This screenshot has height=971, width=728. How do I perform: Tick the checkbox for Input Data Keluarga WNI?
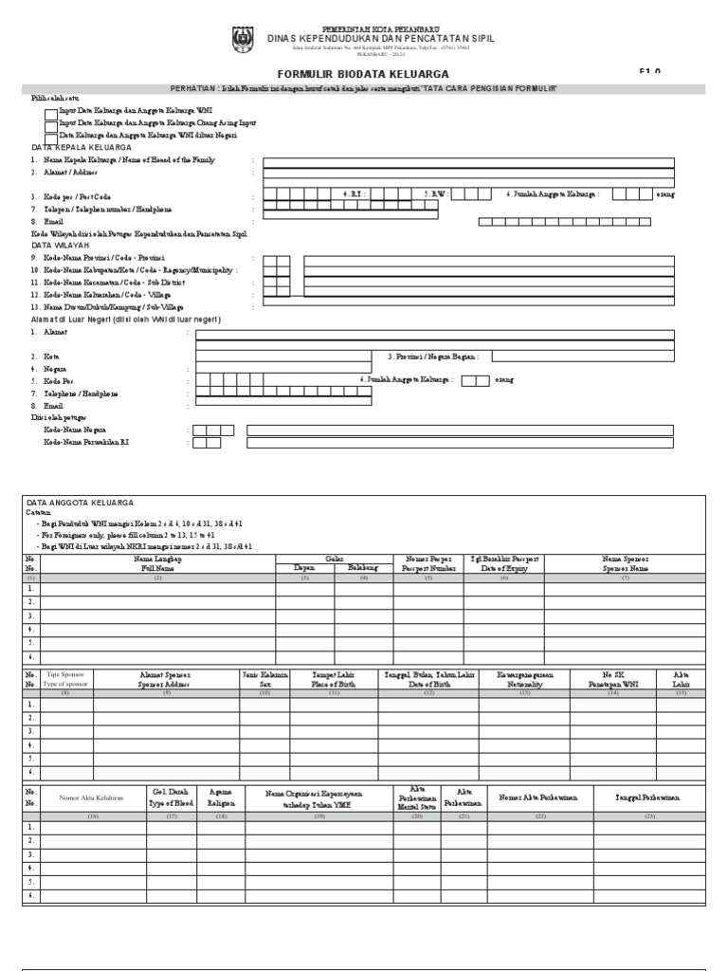click(50, 112)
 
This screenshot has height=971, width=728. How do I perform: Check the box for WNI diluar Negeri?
click(50, 137)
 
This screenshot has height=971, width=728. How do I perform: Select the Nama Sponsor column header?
click(625, 564)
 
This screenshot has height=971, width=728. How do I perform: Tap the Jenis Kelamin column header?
click(264, 678)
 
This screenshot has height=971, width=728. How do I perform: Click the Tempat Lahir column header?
click(334, 678)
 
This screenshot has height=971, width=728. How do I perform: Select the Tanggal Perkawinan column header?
click(648, 797)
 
